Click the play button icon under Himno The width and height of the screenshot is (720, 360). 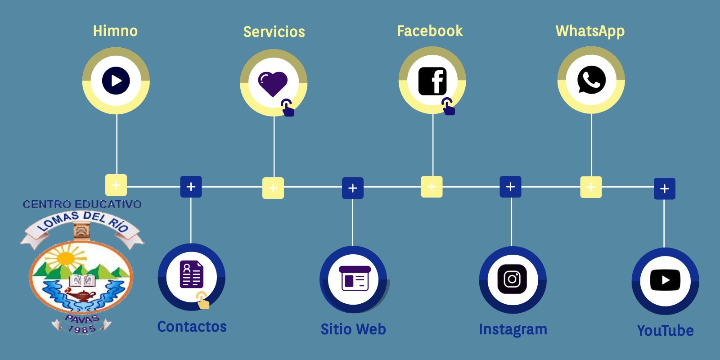116,81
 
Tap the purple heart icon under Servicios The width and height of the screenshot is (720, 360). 273,83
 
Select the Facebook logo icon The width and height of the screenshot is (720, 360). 432,81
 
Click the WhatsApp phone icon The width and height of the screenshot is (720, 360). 591,80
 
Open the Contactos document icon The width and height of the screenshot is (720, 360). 191,274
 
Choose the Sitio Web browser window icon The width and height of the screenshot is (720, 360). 354,279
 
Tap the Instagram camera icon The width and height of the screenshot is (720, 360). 512,279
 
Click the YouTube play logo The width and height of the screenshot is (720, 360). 665,280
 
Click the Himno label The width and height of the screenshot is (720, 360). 115,31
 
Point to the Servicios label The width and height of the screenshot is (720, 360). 274,32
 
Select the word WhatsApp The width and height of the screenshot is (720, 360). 590,31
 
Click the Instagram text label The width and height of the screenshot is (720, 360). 513,329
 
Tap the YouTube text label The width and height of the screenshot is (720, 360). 665,331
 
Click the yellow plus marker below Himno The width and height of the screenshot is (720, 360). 116,185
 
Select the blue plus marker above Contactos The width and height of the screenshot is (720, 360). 191,187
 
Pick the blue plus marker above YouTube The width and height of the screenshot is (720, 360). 664,189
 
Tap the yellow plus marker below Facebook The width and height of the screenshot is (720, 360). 432,187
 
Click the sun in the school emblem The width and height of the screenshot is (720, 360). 66,258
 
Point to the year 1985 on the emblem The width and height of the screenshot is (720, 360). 81,329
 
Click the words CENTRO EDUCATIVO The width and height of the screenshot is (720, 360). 82,204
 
